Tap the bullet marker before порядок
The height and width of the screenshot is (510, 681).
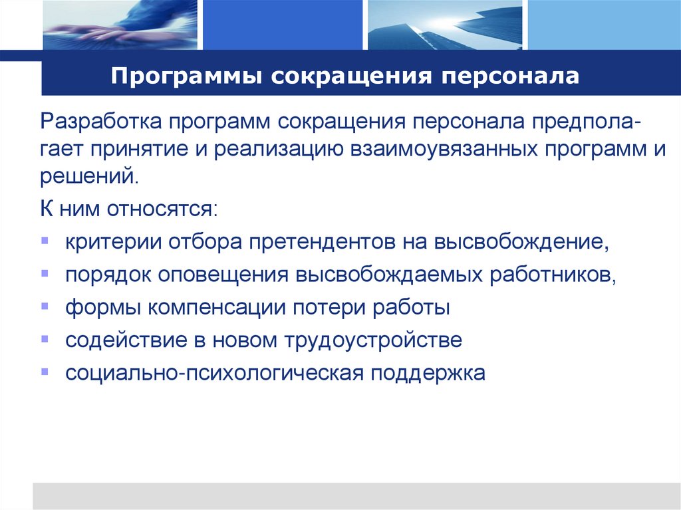[45, 273]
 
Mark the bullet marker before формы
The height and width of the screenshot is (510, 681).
[45, 306]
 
